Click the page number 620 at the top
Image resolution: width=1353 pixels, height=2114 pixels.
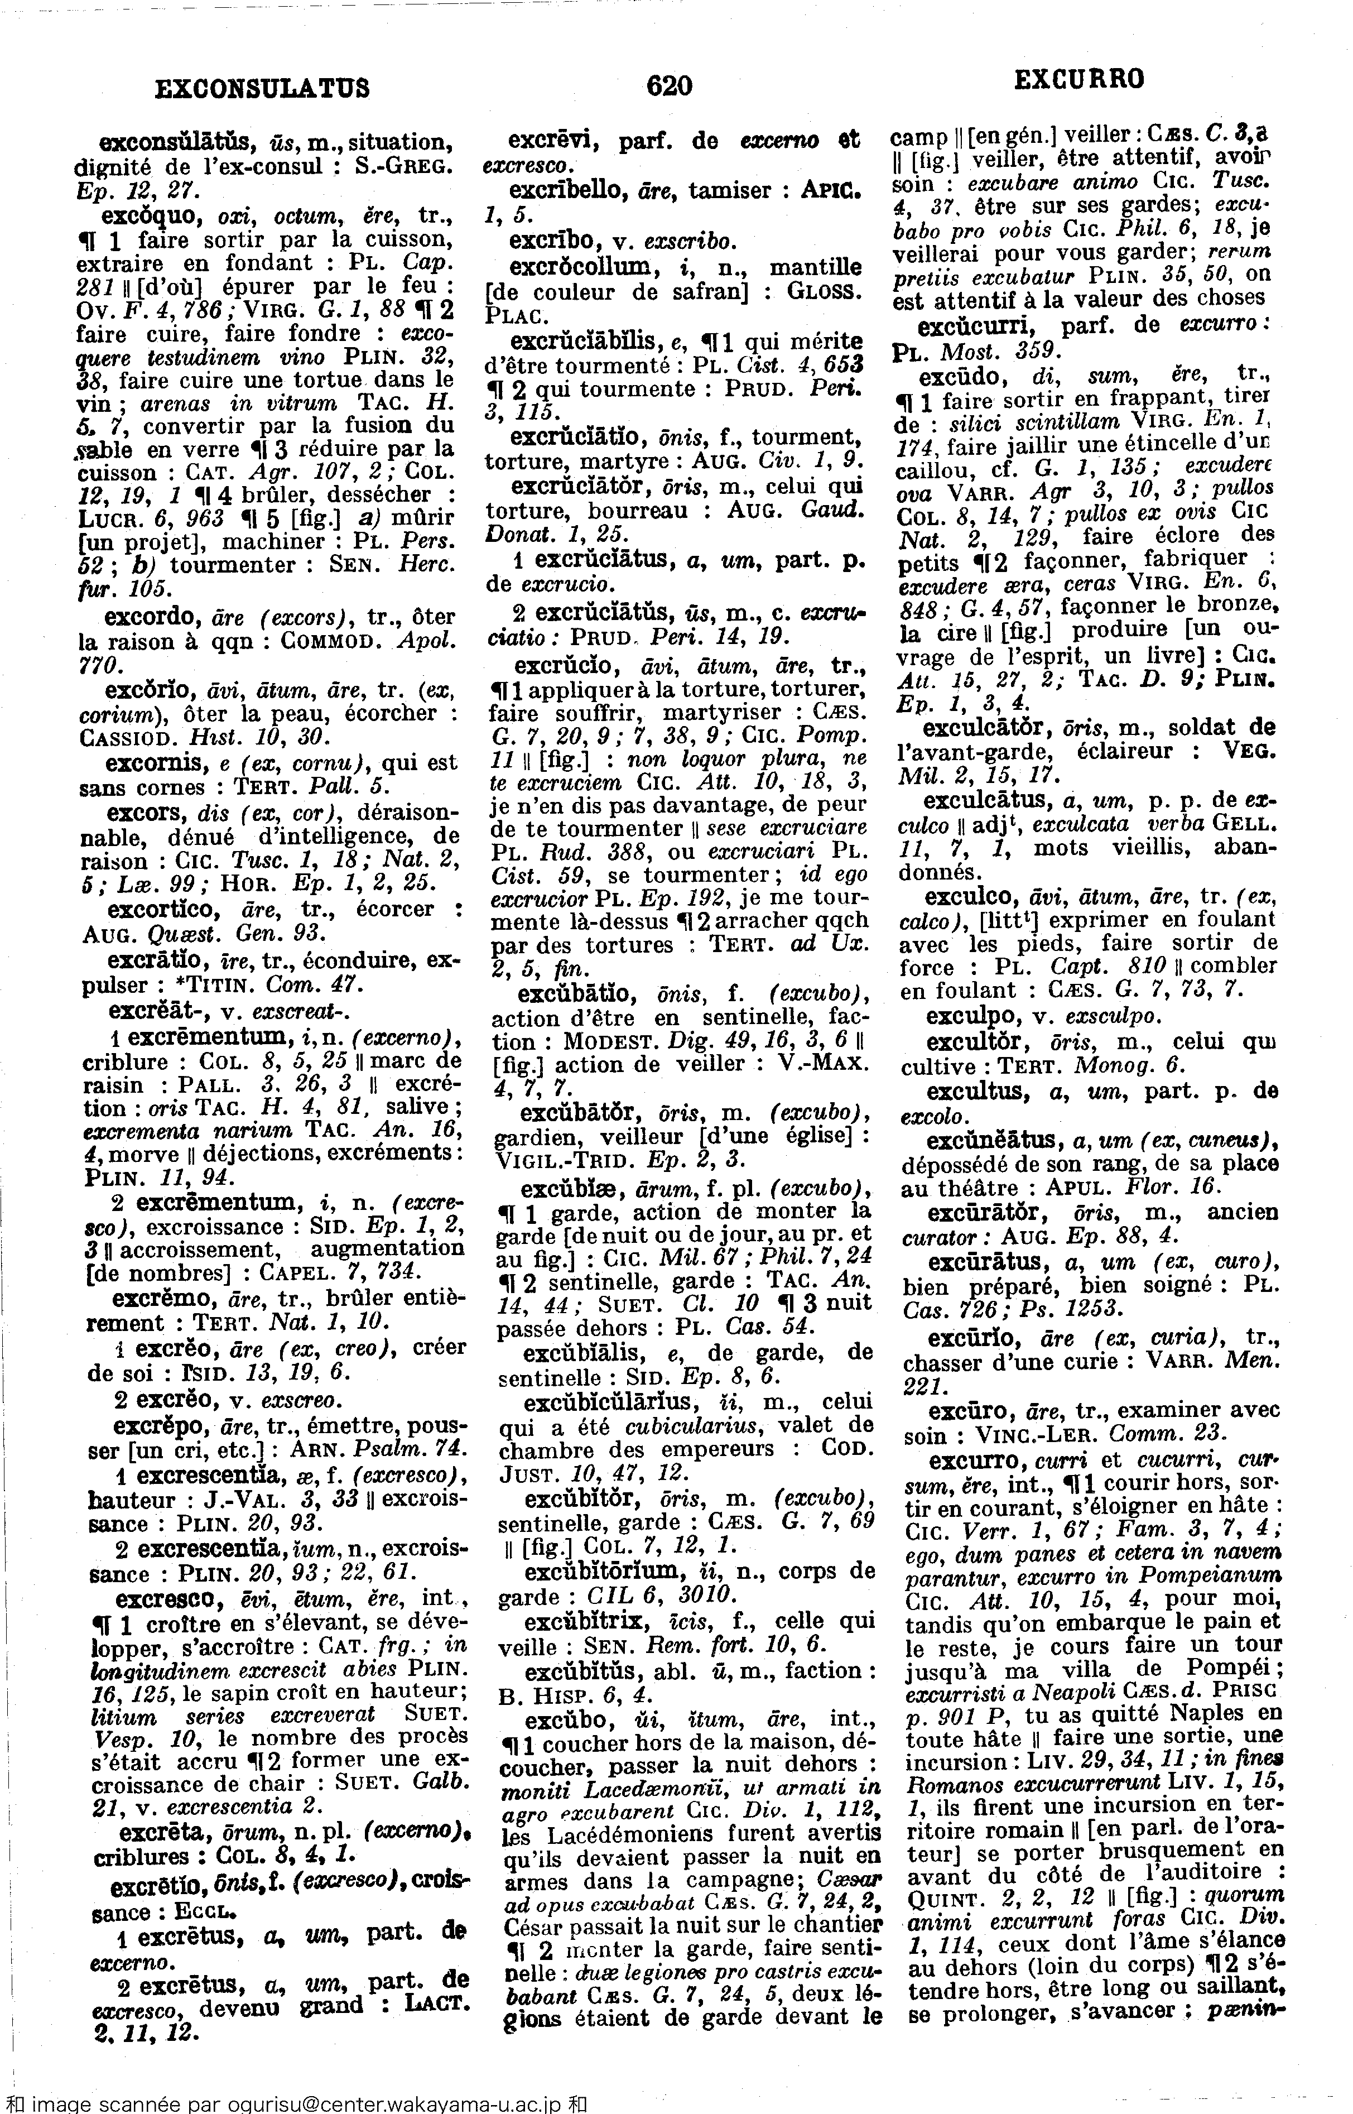tap(670, 85)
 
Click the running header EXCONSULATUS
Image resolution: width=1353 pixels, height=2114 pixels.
tap(262, 88)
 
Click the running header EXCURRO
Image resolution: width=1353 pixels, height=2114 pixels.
tap(1079, 81)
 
